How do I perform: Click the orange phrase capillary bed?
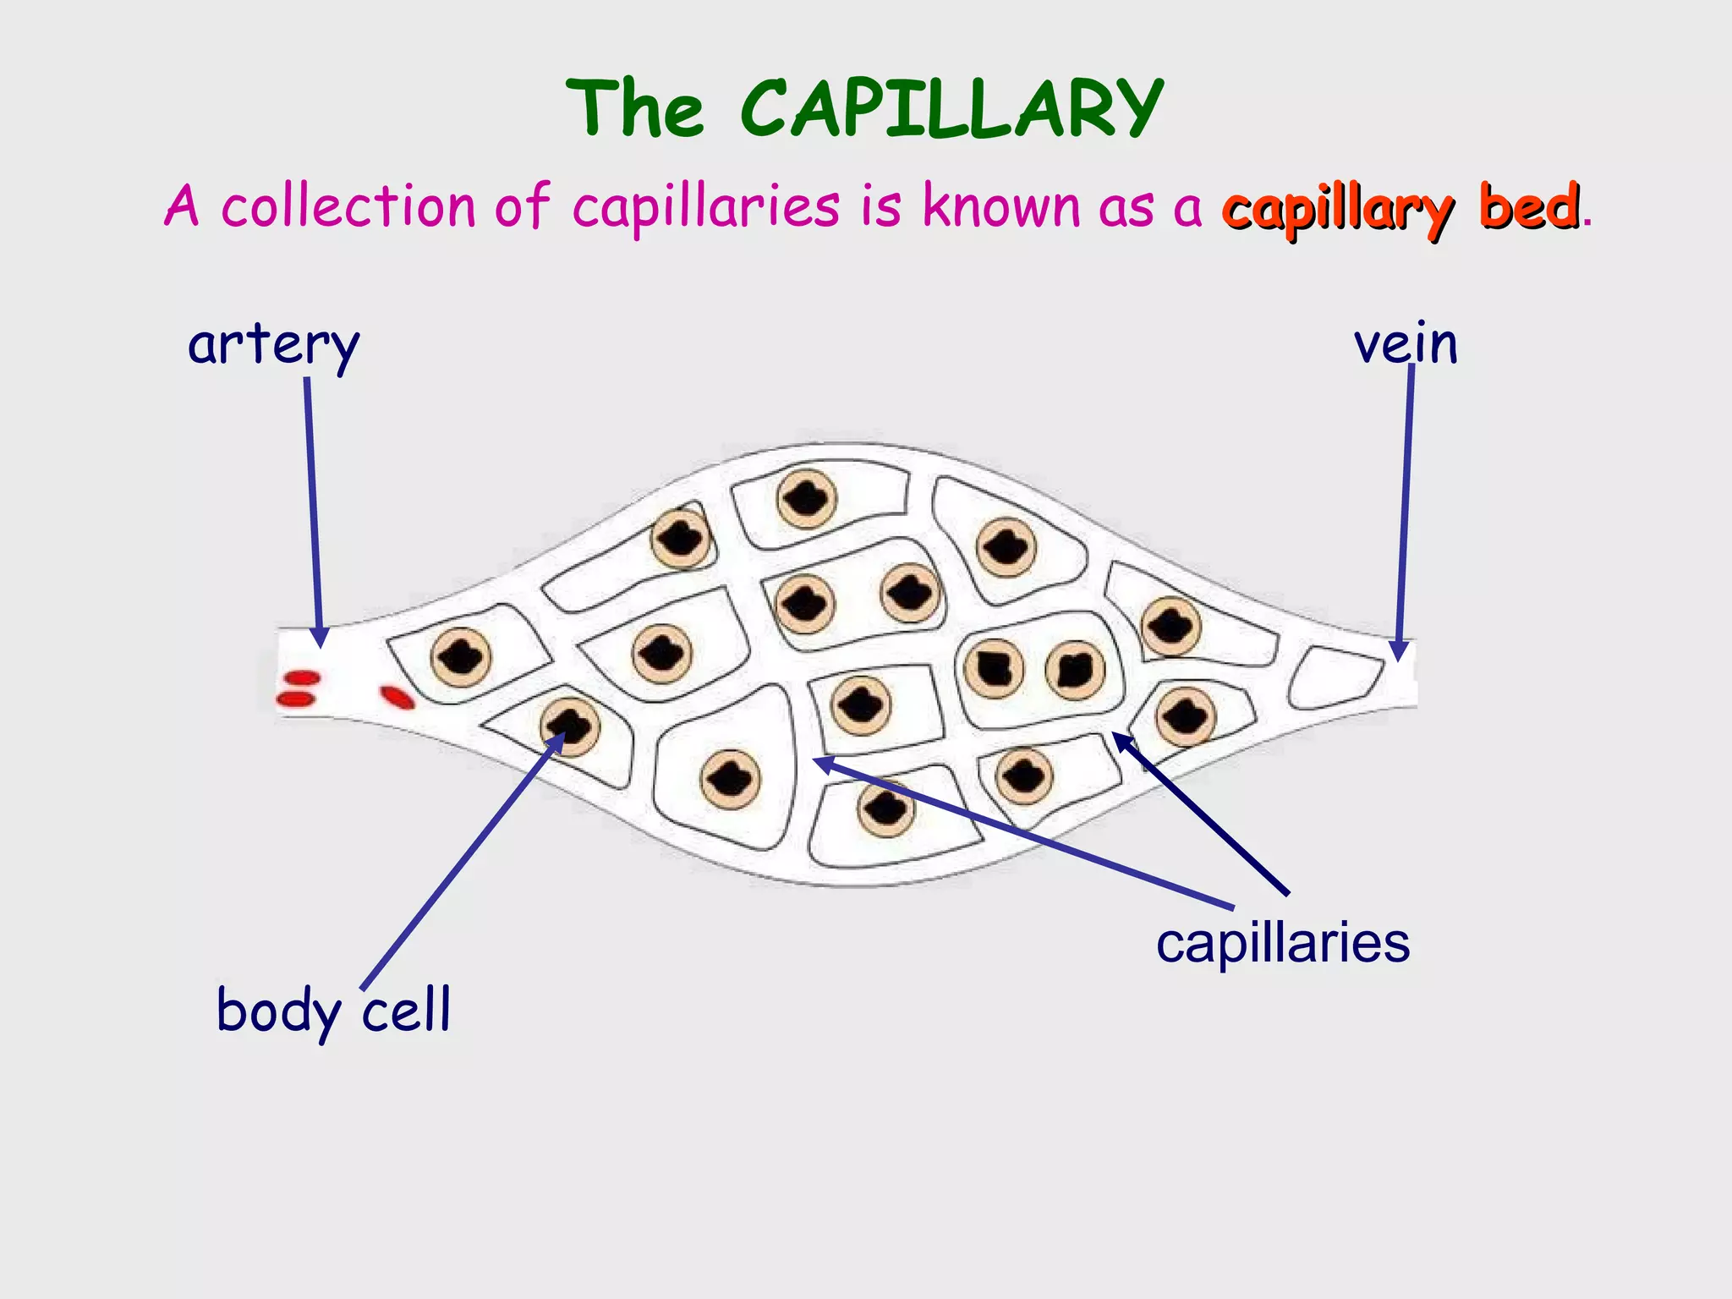pyautogui.click(x=1400, y=207)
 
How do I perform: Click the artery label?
pyautogui.click(x=273, y=345)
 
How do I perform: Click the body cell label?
pyautogui.click(x=333, y=1010)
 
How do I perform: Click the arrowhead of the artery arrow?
pyautogui.click(x=320, y=638)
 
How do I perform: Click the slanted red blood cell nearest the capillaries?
pyautogui.click(x=397, y=697)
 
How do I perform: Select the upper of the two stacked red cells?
pyautogui.click(x=301, y=677)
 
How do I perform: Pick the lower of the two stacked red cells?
pyautogui.click(x=296, y=699)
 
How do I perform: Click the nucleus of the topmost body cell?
pyautogui.click(x=807, y=499)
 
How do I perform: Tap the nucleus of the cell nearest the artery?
pyautogui.click(x=462, y=657)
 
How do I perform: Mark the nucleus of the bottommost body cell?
pyautogui.click(x=886, y=808)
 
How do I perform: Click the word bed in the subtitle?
pyautogui.click(x=1529, y=207)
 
